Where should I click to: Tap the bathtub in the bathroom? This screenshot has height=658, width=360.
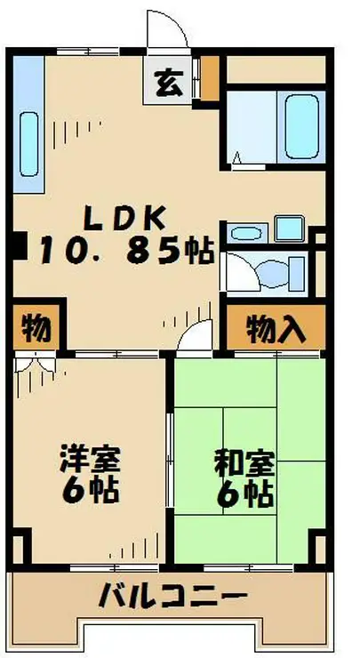coord(300,125)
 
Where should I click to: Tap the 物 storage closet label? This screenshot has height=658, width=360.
coord(36,328)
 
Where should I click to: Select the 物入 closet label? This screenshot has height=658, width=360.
coord(276,328)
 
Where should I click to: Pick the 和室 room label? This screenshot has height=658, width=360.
coord(244,463)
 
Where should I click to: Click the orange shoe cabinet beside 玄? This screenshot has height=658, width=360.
coord(210,78)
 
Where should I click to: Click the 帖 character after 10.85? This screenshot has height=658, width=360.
coord(198,251)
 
